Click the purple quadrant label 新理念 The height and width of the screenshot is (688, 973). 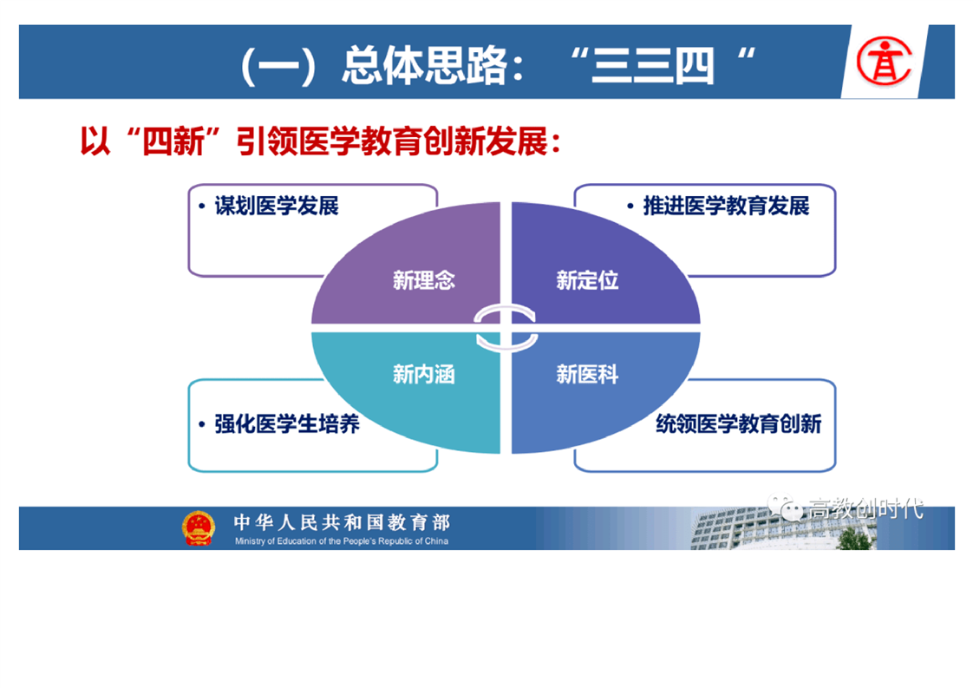(424, 280)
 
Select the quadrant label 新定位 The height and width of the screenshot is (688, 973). (587, 280)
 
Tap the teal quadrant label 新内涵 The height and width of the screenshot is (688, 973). (424, 375)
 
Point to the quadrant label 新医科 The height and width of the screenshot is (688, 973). (587, 375)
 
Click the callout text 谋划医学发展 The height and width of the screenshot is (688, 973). (277, 206)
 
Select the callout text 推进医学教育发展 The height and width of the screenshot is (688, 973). (726, 206)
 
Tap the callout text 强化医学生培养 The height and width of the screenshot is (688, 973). (287, 424)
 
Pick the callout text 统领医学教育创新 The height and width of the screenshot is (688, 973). (739, 424)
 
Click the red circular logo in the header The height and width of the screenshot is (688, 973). (885, 62)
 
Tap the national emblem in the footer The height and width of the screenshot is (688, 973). (198, 527)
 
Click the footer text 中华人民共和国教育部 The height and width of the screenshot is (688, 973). (342, 522)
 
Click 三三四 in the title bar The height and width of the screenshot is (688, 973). (653, 66)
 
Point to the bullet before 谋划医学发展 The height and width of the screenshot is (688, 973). (202, 206)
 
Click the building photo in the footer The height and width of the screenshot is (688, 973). (783, 528)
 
